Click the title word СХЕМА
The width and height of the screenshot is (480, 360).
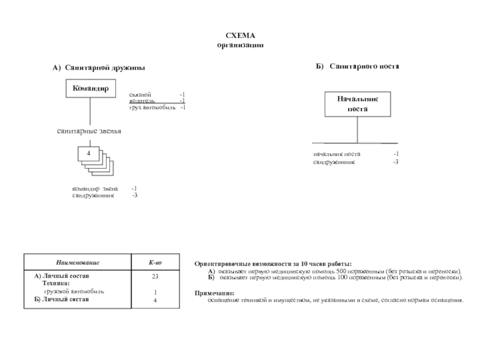(x=240, y=37)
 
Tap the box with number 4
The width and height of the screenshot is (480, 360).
(x=89, y=154)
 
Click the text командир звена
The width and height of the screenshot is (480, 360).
(x=95, y=188)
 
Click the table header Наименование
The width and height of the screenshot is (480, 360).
(x=77, y=263)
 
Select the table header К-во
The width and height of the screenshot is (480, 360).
(x=155, y=263)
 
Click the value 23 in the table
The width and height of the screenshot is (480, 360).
(x=155, y=276)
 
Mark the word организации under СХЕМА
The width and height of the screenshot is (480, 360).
(x=240, y=45)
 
